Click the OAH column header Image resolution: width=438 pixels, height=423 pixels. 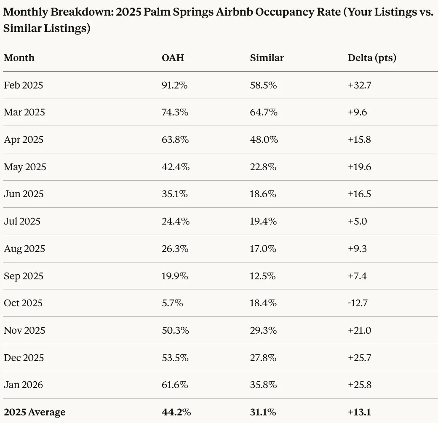coord(173,58)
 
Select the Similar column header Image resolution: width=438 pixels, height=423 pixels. coord(267,58)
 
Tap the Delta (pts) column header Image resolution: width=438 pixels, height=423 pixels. coord(372,58)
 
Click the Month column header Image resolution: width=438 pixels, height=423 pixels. coord(19,58)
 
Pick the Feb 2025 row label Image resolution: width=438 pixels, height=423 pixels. coord(23,85)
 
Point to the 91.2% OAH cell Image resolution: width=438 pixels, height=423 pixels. coord(174,85)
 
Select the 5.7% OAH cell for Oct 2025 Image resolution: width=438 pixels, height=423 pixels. coord(172,303)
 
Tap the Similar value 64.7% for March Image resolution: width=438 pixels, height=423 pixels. coord(264,112)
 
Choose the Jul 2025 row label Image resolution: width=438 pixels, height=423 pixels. coord(22,221)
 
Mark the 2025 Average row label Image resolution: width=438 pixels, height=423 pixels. coord(35,412)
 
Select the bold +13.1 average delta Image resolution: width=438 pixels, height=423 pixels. coord(359,412)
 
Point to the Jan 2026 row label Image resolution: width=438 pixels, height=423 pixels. coord(23,385)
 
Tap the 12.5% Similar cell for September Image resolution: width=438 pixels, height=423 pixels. coord(263,276)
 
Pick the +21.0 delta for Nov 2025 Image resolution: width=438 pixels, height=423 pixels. coord(359,330)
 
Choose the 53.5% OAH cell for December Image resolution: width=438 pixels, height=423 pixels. coord(175,358)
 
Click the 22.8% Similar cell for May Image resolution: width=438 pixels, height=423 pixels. coord(263,167)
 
